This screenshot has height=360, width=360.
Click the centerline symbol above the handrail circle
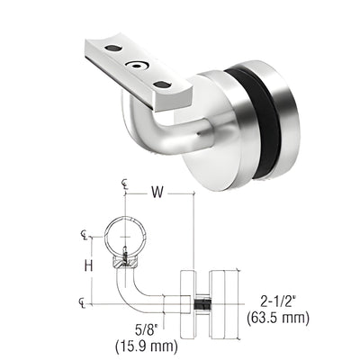(x=125, y=185)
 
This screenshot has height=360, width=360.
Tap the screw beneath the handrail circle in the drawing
(x=126, y=260)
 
